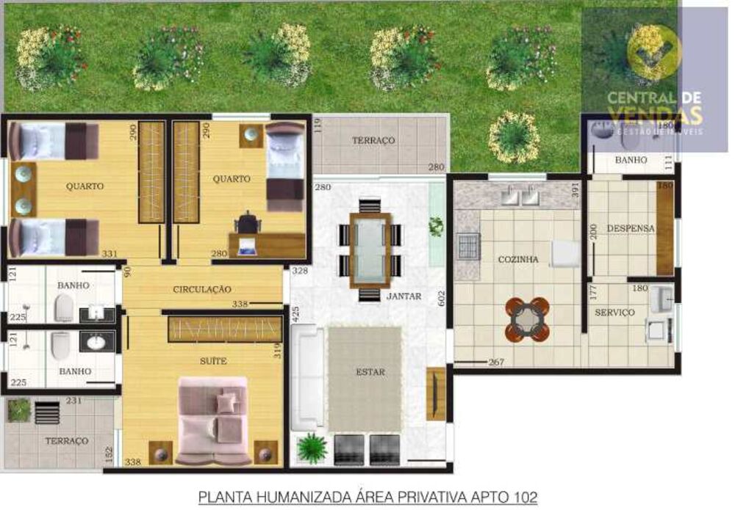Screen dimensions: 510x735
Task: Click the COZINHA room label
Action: coord(518,260)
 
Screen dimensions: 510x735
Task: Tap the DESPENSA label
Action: coord(630,228)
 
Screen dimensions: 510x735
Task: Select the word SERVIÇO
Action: coord(614,313)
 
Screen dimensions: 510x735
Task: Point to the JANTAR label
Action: coord(404,296)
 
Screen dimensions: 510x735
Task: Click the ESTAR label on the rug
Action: coord(370,372)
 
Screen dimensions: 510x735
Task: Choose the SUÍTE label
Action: coord(213,361)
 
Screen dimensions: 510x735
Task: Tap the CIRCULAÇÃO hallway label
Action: coord(202,290)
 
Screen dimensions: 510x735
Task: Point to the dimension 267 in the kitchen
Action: coord(496,362)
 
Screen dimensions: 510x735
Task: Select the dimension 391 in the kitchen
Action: coord(577,189)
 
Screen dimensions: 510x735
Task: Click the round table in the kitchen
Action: coord(527,319)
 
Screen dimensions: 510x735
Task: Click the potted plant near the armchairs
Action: coord(312,447)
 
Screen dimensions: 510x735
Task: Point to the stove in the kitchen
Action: coord(468,246)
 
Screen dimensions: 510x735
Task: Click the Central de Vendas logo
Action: coord(654,81)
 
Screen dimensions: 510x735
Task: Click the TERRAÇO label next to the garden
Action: coord(373,140)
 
